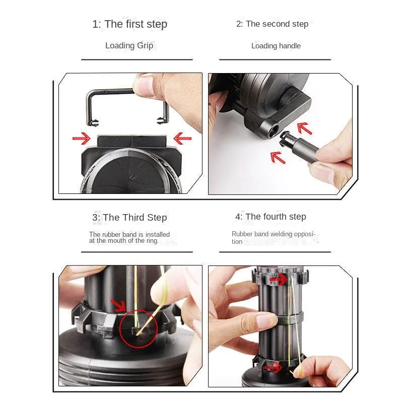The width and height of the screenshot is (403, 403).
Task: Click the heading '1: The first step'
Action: tap(129, 24)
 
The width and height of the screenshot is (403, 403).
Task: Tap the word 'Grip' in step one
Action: tap(145, 46)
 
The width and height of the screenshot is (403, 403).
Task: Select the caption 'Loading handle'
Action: tap(276, 46)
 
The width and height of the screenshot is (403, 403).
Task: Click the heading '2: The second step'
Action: tap(272, 24)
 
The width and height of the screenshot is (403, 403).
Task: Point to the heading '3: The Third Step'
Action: tap(129, 218)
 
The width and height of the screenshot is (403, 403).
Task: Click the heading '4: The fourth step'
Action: tap(271, 217)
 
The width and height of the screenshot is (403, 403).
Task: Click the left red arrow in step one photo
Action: tap(82, 139)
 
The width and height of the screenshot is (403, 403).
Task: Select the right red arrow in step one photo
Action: tap(182, 139)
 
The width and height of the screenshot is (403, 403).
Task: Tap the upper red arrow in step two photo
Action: tap(304, 128)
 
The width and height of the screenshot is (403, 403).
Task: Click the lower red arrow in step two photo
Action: tap(278, 157)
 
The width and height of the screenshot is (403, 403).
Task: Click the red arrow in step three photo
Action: tap(118, 305)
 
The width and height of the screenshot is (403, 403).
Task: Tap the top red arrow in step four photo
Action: tap(279, 280)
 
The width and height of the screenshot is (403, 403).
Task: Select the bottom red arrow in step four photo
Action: tap(273, 368)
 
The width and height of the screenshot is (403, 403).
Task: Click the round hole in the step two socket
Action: tap(273, 130)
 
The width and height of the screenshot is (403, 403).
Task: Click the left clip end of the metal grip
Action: tap(93, 123)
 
